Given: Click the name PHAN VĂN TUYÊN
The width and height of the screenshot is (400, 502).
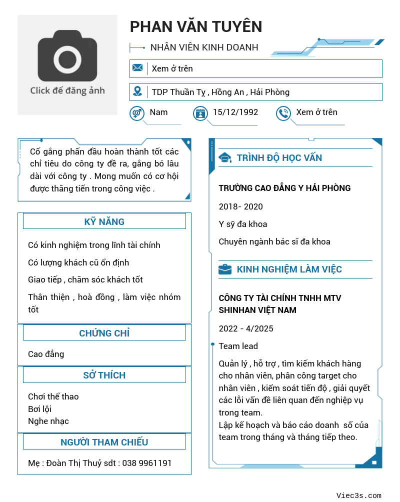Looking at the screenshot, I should tap(196, 26).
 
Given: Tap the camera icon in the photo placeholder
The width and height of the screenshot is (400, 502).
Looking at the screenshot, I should tap(67, 56).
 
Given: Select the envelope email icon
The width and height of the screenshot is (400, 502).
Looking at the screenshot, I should tap(137, 68).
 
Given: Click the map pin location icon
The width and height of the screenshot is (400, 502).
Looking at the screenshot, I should tap(137, 91).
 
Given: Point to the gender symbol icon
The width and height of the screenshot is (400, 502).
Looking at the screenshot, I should tap(136, 113).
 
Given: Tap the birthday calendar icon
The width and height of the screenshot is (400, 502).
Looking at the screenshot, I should tap(200, 113).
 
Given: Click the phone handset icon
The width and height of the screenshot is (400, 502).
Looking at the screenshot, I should tap(283, 113).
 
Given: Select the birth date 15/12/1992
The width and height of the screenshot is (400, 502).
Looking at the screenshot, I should tap(235, 112).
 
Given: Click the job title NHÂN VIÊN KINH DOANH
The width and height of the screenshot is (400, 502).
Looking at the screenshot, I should tap(204, 47).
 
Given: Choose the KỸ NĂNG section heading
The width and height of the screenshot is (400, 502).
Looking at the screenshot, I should tap(104, 221).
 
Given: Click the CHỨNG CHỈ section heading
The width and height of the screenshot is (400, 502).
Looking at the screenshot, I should tap(104, 333).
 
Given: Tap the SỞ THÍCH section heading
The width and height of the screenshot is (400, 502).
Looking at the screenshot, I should tap(104, 375).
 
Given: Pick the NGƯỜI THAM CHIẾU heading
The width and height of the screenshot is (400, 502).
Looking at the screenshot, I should tap(104, 442).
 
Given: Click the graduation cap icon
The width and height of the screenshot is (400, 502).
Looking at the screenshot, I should tap(225, 158).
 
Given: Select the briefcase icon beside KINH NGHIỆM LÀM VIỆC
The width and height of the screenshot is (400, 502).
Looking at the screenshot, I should tap(225, 269).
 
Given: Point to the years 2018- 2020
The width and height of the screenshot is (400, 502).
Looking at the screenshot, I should tap(240, 206).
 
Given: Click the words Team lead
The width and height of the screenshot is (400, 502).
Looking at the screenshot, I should tap(238, 346).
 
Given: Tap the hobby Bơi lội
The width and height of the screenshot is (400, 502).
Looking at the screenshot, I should tap(40, 409).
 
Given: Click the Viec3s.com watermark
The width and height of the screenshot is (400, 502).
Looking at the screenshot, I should tap(358, 495).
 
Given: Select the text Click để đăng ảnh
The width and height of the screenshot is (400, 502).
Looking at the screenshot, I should tap(67, 90).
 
